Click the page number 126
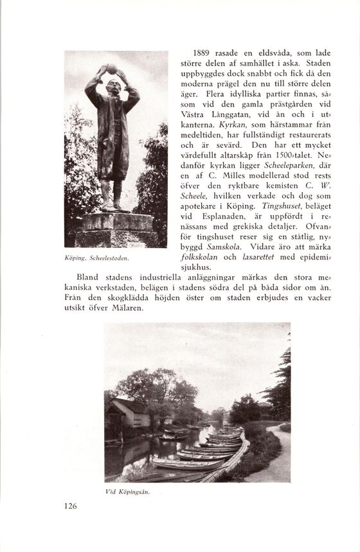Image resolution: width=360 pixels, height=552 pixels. tap(71, 506)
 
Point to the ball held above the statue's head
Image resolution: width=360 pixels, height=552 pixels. tap(111, 68)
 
